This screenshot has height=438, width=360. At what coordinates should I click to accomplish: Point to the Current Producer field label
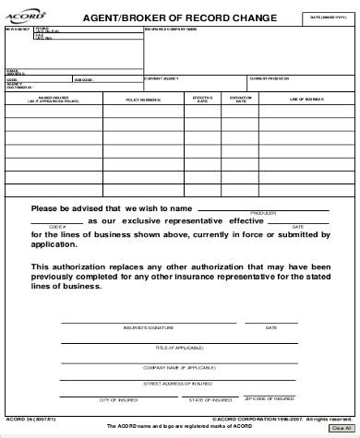tap(269, 79)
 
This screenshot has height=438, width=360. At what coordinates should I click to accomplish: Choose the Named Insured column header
tap(52, 100)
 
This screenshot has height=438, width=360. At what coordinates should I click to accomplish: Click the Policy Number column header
tap(143, 100)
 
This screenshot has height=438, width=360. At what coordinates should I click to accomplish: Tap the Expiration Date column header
tap(242, 100)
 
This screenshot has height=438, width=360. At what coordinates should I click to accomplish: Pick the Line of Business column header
tap(306, 100)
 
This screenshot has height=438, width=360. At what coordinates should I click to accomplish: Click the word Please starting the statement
tap(48, 208)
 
